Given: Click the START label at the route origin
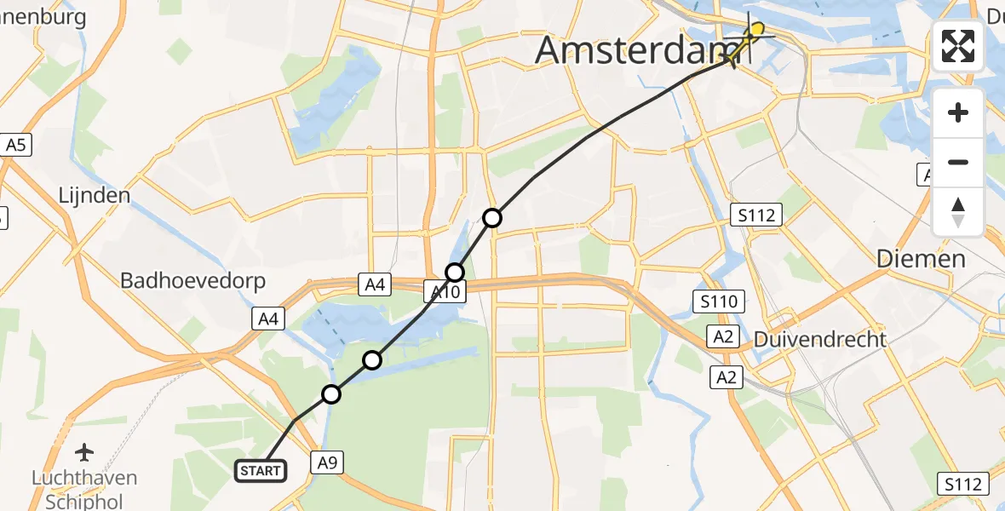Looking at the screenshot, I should click(x=261, y=471).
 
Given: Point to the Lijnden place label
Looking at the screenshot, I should click(x=94, y=195).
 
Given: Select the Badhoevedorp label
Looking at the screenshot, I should click(x=192, y=280).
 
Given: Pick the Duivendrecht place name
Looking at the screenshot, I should click(x=820, y=339).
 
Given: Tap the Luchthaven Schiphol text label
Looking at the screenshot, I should click(x=85, y=488).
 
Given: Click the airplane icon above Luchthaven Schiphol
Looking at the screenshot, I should click(x=84, y=451).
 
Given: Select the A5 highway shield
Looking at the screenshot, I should click(x=16, y=145).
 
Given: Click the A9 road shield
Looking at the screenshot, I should click(x=327, y=462).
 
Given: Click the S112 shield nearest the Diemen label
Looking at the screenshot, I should click(x=757, y=215).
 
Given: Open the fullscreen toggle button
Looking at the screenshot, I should click(x=958, y=46).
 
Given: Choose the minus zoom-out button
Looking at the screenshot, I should click(x=958, y=162).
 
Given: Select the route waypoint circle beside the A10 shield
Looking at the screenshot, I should click(x=455, y=273).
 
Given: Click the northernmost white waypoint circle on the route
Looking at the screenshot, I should click(x=492, y=218).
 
